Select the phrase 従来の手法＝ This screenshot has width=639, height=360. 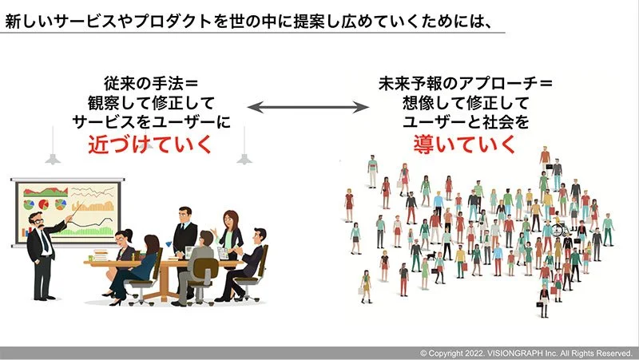click(152, 83)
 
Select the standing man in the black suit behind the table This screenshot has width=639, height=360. click(185, 231)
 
